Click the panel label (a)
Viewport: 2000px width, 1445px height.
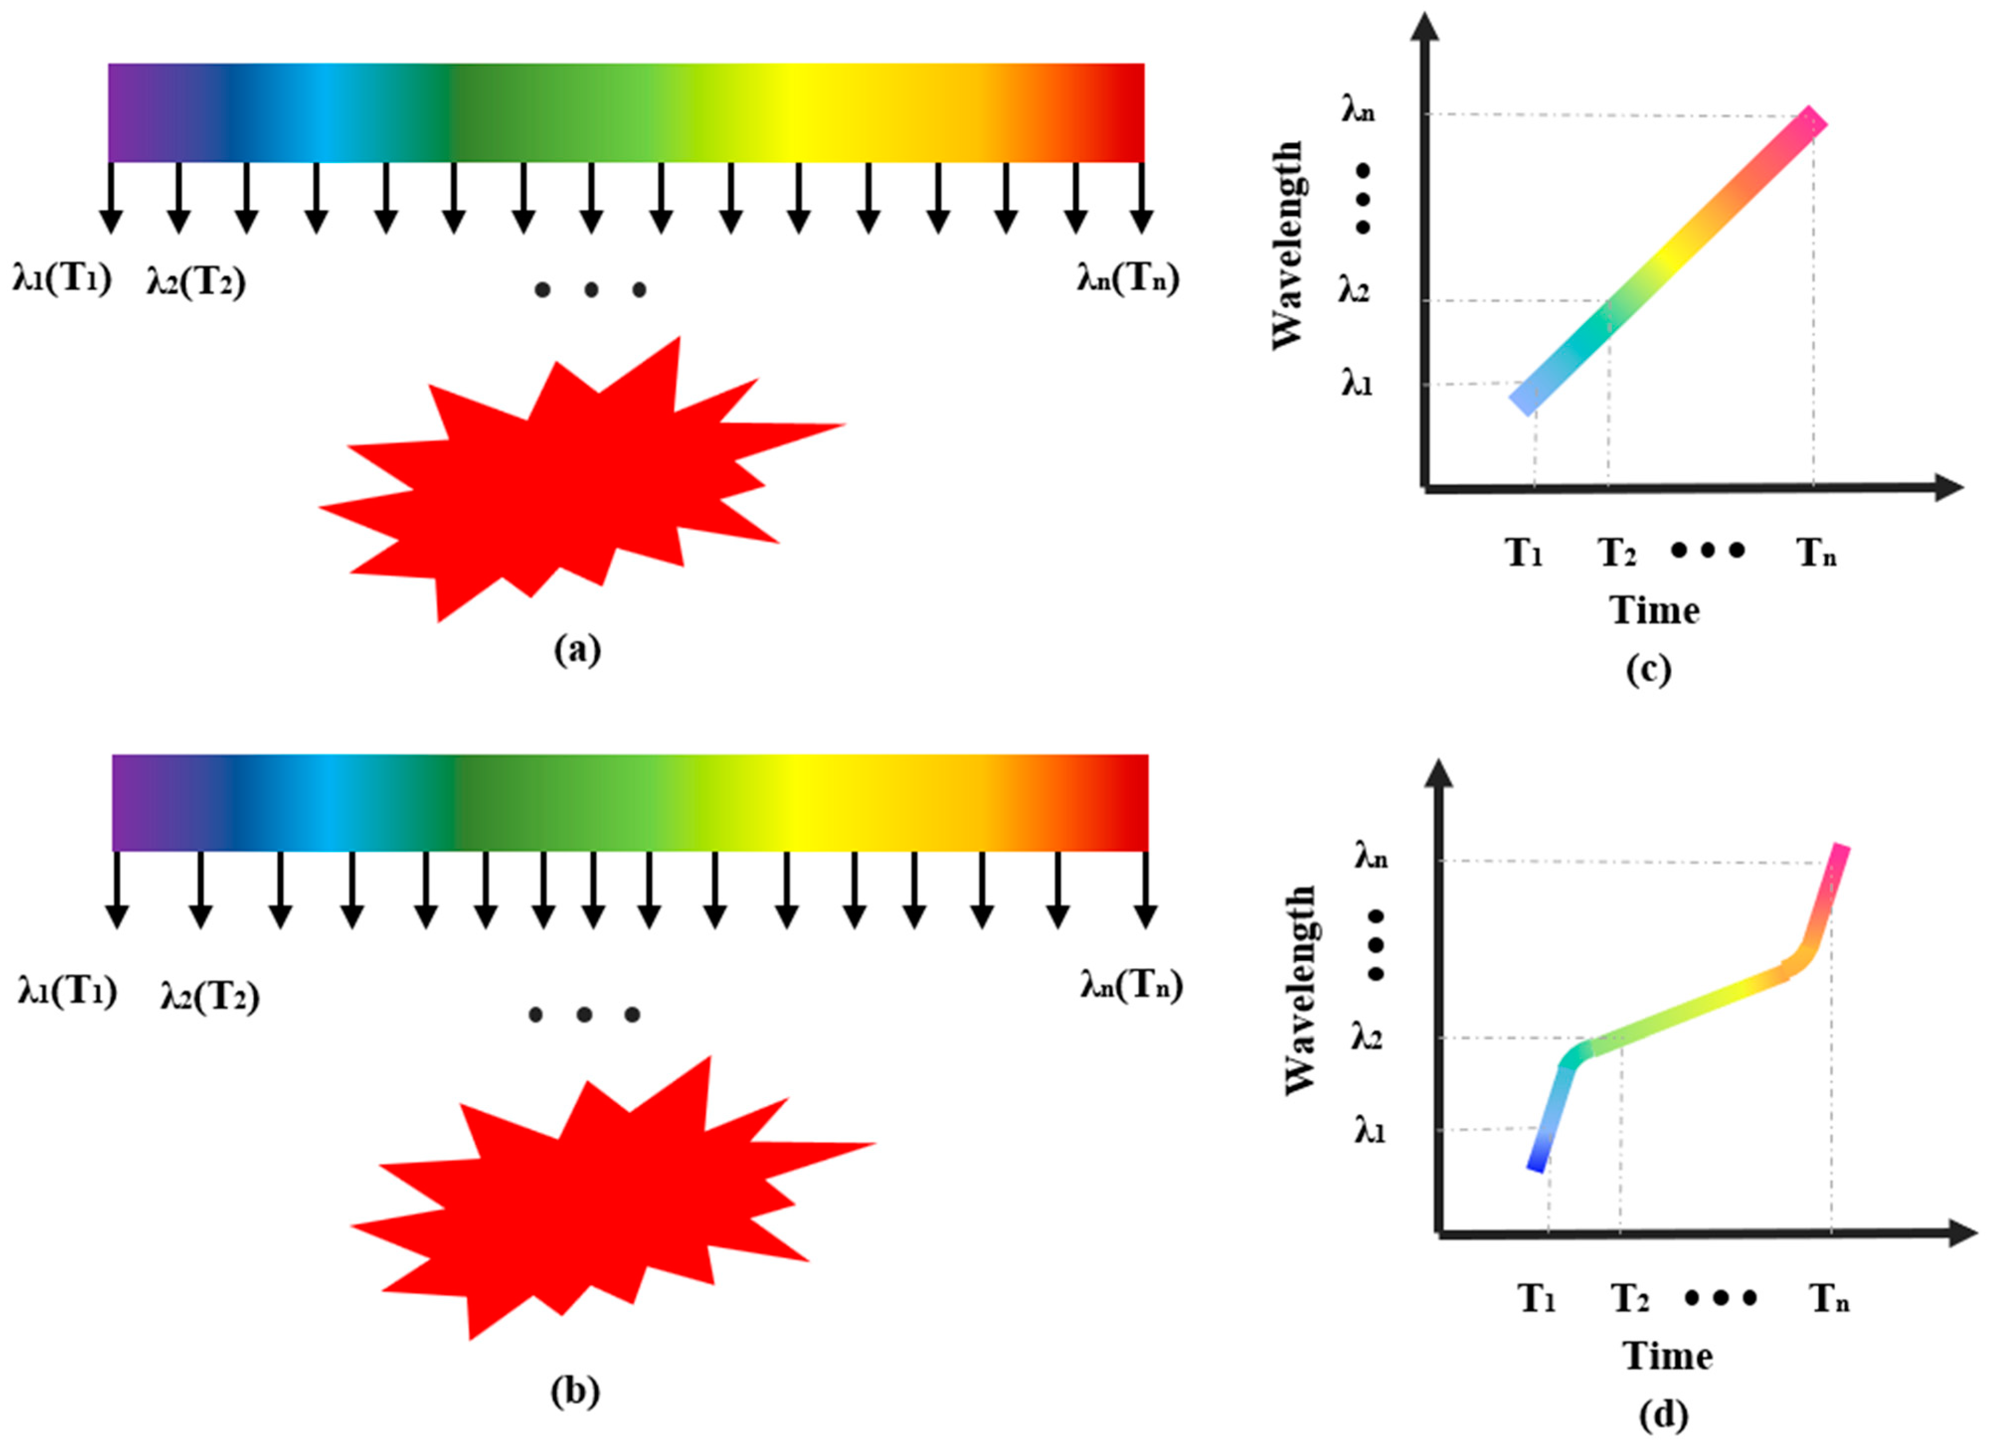[578, 650]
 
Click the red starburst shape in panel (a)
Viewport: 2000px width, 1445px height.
[565, 485]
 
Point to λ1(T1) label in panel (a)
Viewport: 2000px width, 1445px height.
[62, 280]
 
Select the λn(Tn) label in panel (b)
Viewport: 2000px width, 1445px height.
[1131, 985]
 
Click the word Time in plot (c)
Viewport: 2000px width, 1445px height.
[1654, 610]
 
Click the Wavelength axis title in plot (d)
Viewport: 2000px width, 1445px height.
[1300, 990]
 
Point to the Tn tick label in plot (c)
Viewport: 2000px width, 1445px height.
[1817, 553]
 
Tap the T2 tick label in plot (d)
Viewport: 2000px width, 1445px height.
[1630, 1298]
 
